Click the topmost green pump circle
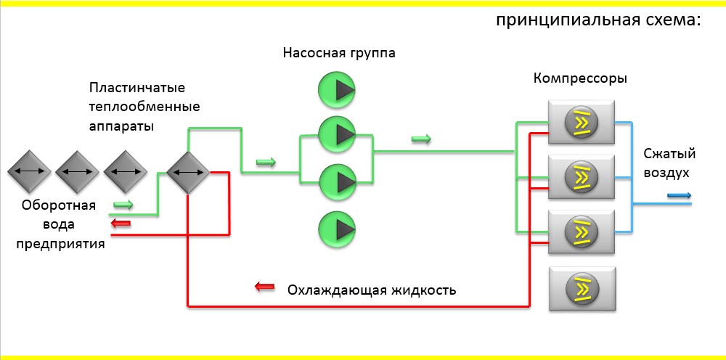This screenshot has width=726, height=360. (336, 89)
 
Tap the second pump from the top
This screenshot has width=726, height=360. (336, 133)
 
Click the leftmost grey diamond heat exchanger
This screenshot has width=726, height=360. (29, 172)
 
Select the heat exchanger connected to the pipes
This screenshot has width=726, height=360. (187, 173)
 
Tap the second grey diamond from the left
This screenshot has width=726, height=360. (77, 172)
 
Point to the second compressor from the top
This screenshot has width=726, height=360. (582, 176)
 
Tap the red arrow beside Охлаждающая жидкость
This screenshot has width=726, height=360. (265, 286)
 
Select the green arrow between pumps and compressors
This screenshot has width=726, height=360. (420, 139)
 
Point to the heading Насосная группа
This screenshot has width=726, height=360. (340, 53)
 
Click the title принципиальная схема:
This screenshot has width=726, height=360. (598, 20)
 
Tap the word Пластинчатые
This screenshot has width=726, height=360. (137, 88)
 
